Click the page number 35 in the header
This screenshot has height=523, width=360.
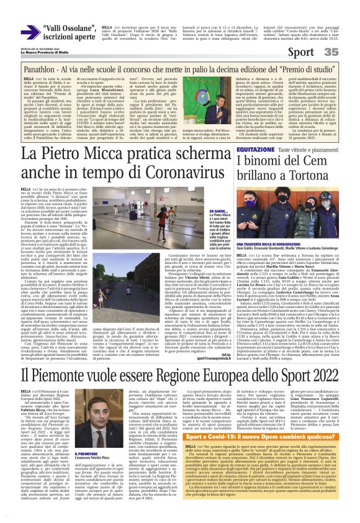(348, 53)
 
